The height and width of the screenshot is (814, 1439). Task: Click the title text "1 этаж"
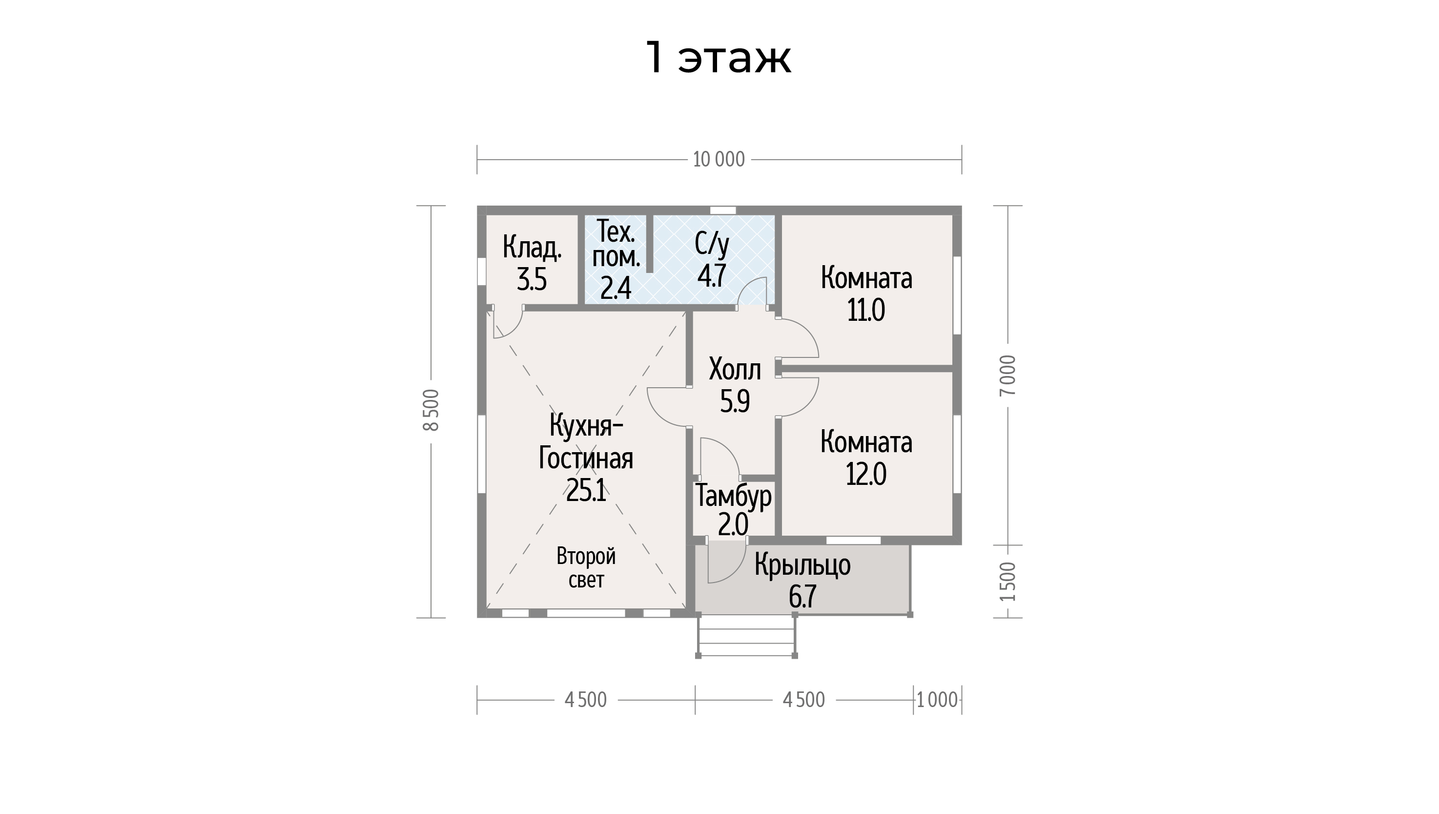click(719, 58)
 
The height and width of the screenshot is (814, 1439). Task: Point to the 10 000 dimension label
click(719, 160)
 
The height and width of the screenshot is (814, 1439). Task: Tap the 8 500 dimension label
click(432, 410)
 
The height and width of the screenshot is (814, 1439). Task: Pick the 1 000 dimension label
click(938, 700)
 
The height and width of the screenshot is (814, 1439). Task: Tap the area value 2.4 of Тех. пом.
click(616, 289)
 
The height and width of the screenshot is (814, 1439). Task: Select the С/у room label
click(712, 244)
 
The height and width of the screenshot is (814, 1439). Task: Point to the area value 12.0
click(866, 475)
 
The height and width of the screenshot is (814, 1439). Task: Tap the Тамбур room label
click(733, 497)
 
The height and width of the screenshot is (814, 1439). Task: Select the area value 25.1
click(586, 491)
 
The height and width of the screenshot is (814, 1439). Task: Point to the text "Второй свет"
click(586, 567)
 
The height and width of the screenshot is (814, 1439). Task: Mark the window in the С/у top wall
click(722, 210)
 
